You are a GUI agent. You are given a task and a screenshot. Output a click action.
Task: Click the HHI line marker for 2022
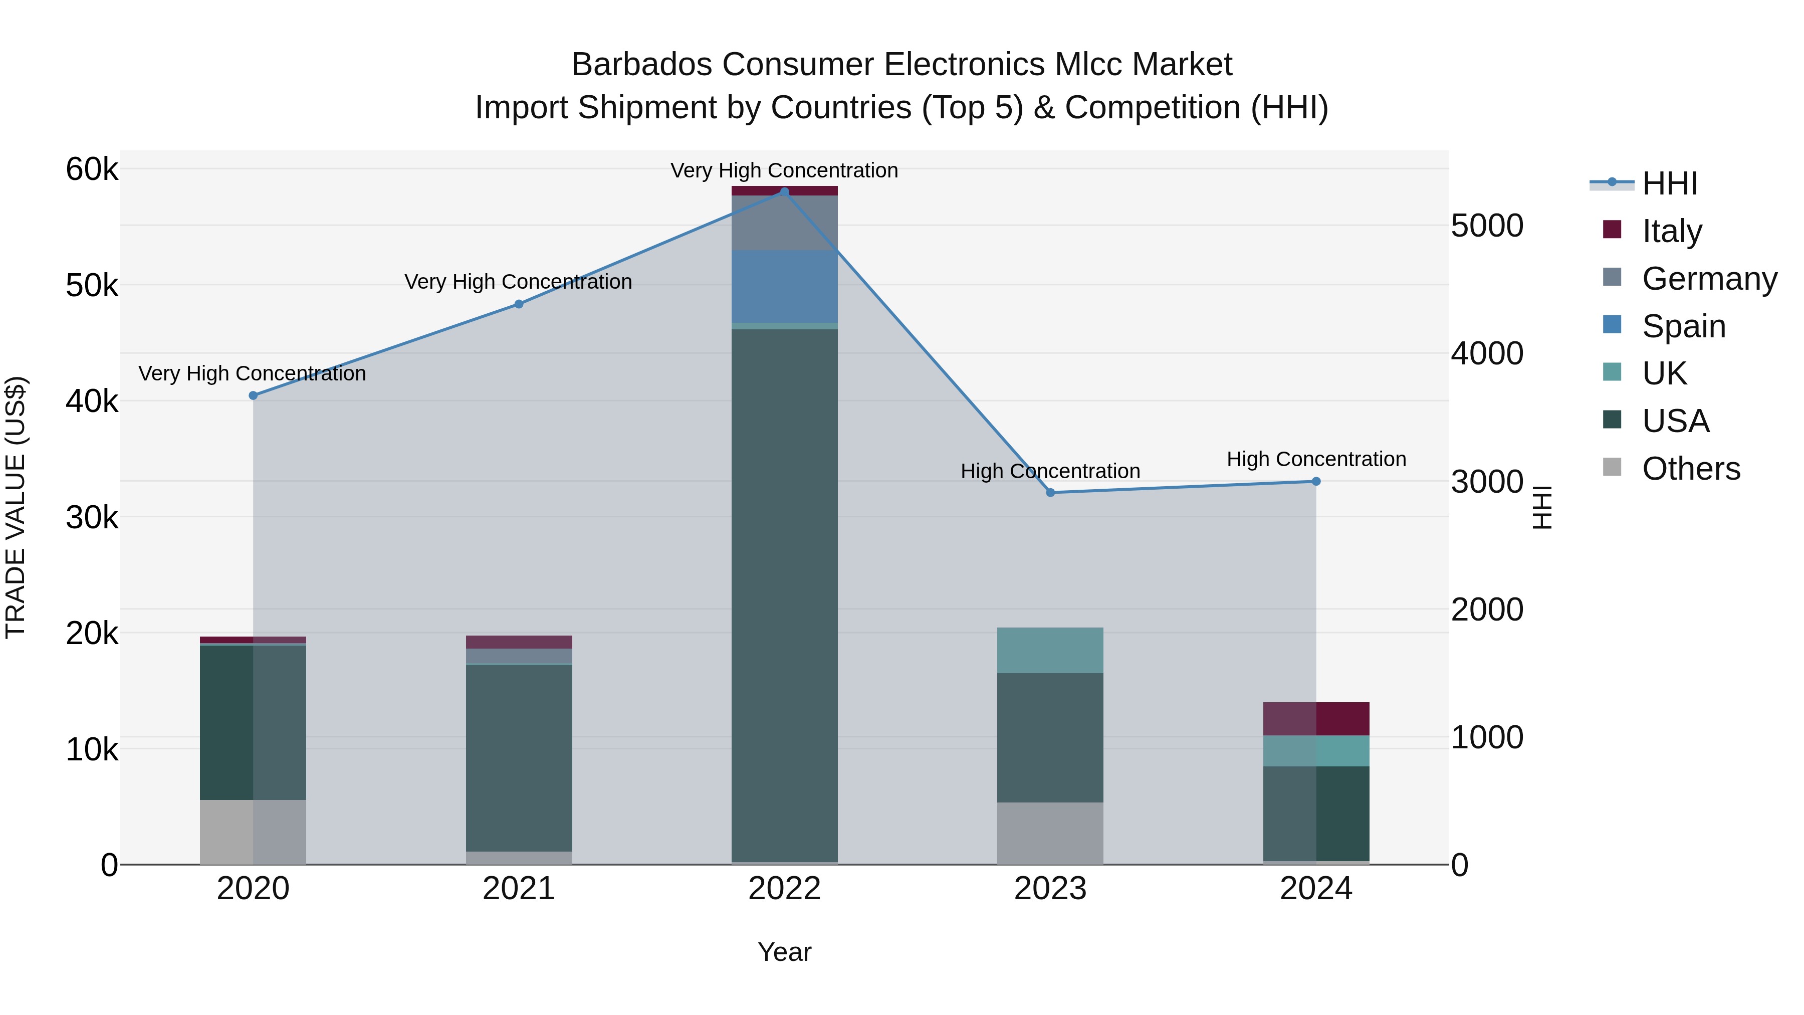tap(784, 191)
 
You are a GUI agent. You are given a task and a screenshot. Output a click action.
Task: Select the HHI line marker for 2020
tap(254, 396)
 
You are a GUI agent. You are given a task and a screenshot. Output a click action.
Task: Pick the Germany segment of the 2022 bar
tap(784, 223)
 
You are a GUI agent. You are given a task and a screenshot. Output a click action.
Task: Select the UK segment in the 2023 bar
tap(1050, 650)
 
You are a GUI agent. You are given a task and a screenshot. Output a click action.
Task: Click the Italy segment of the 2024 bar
tap(1316, 719)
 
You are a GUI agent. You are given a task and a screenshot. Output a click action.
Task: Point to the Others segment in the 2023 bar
tap(1050, 833)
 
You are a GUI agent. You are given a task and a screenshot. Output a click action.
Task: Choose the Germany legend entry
tap(1709, 279)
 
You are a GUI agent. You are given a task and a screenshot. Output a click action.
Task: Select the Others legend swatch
tap(1612, 467)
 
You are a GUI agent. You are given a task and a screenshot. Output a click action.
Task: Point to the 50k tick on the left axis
tap(92, 286)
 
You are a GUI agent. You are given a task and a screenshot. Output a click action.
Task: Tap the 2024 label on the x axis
tap(1316, 889)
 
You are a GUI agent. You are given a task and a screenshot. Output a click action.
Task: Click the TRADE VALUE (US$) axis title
tap(16, 507)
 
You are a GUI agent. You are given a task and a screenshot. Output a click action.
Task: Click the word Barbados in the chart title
tap(642, 65)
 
